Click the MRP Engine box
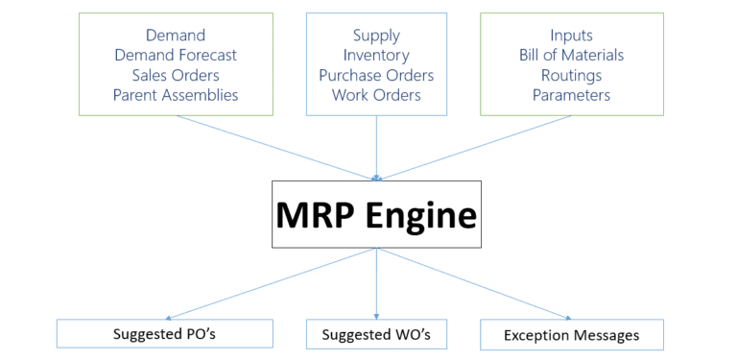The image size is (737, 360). click(x=376, y=214)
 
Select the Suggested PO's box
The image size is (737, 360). click(x=165, y=333)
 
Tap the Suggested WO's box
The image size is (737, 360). click(x=376, y=334)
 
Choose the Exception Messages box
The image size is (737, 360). click(x=571, y=335)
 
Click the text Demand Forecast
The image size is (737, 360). click(x=175, y=56)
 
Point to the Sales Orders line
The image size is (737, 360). click(x=175, y=75)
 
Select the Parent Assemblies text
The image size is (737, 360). click(x=175, y=95)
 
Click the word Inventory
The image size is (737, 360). click(x=376, y=56)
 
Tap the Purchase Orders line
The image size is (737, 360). click(x=376, y=75)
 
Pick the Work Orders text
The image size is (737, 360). click(x=376, y=95)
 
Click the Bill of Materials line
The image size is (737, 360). click(x=571, y=56)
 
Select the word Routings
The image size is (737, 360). click(x=571, y=75)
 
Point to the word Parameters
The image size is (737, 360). click(x=571, y=95)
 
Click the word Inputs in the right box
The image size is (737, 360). click(x=571, y=36)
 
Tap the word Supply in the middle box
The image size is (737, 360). click(x=376, y=36)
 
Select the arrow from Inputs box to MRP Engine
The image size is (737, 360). click(x=478, y=147)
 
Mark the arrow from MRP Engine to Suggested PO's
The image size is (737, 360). click(x=269, y=283)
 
